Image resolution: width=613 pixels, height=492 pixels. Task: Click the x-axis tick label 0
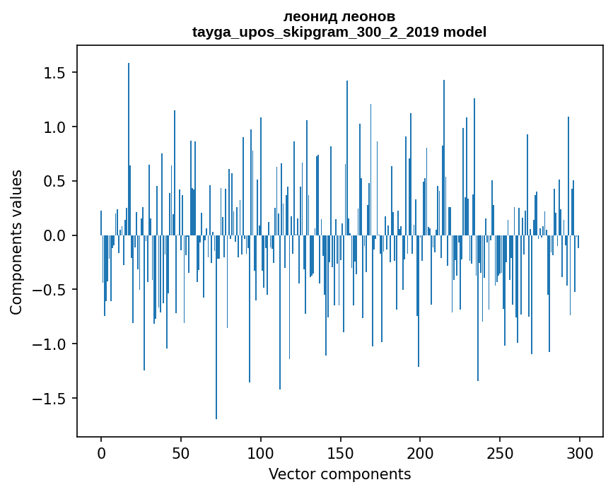101,452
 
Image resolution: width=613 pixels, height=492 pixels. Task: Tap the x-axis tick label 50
181,452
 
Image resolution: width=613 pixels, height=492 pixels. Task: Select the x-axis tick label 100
261,452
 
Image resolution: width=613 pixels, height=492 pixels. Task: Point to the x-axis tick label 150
341,452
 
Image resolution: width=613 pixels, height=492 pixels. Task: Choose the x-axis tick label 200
421,452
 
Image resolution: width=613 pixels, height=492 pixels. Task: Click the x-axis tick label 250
500,452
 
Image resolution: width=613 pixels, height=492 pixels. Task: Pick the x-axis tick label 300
580,452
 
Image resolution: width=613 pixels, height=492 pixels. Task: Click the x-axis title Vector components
339,474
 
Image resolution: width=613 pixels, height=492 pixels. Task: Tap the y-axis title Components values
16,242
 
